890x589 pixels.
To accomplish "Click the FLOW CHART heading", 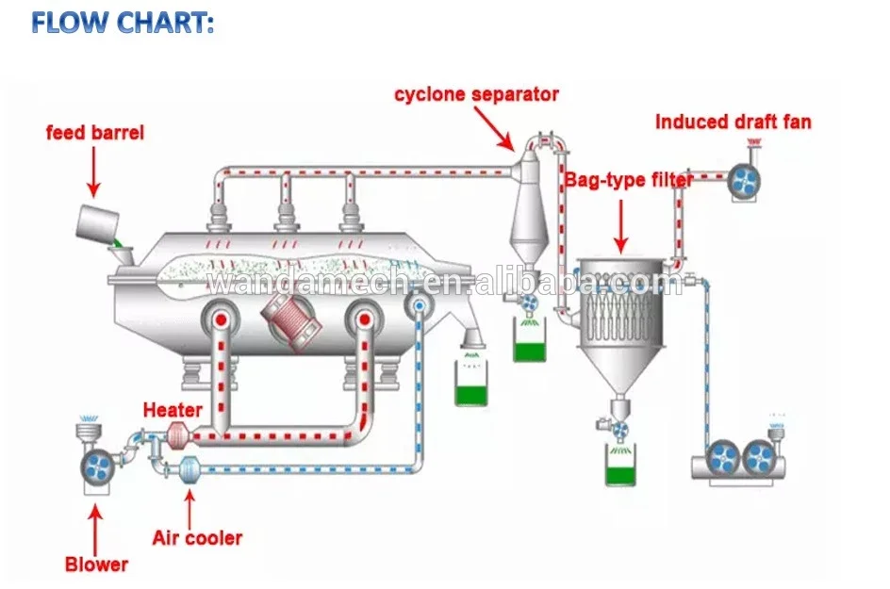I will point(123,23).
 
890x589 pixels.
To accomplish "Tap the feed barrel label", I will point(95,133).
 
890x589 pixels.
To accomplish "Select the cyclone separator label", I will point(476,94).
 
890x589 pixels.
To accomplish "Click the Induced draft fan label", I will point(733,122).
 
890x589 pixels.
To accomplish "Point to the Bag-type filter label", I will point(630,180).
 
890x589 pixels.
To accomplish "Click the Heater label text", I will point(173,410).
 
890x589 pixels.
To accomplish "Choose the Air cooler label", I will point(197,538).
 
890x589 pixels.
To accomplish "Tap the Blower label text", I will point(96,565).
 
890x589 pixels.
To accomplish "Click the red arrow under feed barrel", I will point(93,172).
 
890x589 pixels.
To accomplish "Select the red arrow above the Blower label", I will point(94,528).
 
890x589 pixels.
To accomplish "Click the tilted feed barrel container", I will point(98,222).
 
